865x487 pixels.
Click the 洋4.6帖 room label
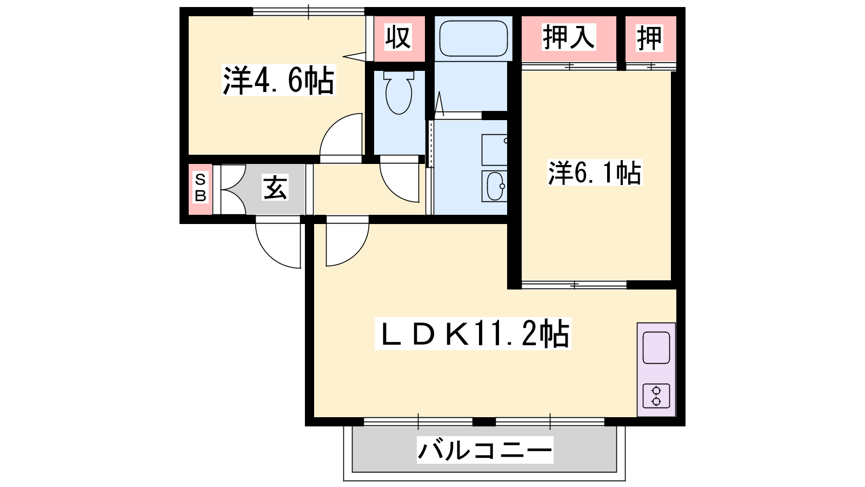278,81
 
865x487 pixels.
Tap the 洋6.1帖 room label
595,173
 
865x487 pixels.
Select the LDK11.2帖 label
473,333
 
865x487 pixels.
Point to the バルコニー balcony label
485,450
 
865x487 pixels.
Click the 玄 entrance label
275,187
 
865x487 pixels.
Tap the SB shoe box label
201,188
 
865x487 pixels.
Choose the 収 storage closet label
398,37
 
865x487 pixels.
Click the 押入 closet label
569,37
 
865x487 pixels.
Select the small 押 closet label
650,38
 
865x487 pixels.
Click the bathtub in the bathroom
474,38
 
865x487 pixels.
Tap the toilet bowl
398,93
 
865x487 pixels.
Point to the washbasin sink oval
495,186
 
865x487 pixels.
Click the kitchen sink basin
656,347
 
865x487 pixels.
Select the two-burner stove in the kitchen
656,396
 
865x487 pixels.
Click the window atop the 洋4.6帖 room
309,11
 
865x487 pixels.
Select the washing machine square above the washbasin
494,150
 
